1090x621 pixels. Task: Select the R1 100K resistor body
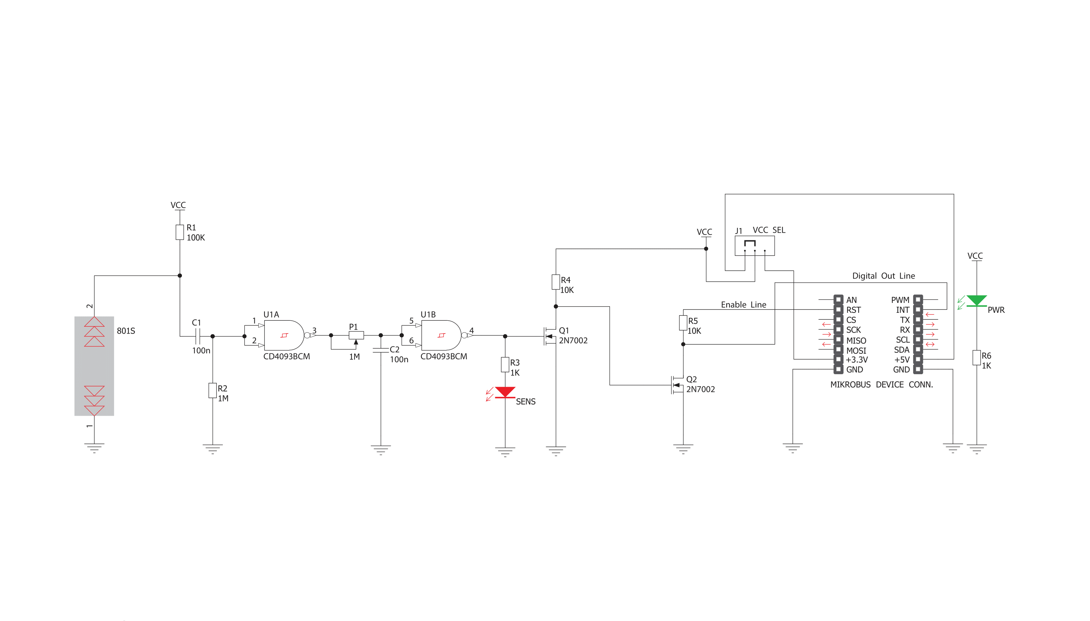tap(180, 232)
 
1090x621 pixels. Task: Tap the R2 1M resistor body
tap(212, 390)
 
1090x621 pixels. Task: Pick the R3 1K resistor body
tap(505, 365)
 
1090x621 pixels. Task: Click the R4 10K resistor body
tap(556, 282)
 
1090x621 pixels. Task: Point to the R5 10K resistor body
tap(683, 323)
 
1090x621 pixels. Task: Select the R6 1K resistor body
tap(976, 357)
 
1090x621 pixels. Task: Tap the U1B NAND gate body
tap(441, 335)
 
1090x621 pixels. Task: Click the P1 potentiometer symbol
tap(356, 336)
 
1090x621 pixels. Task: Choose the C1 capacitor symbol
tap(197, 336)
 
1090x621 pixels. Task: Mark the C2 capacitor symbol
tap(381, 350)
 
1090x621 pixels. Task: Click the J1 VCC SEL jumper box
tap(754, 246)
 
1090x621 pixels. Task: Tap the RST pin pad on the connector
tap(838, 310)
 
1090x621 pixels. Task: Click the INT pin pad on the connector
tap(918, 310)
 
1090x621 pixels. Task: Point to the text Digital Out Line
tap(883, 276)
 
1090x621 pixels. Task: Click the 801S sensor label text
tap(126, 331)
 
